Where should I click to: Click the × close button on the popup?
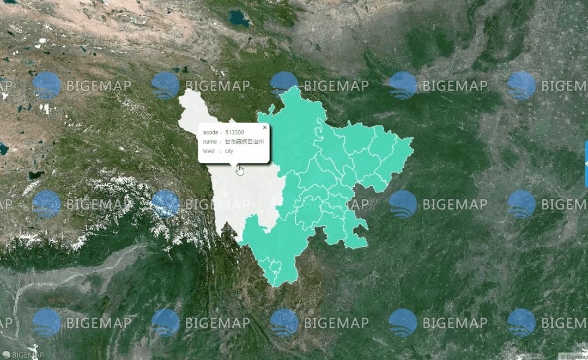click(x=265, y=127)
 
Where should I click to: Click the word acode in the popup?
click(x=211, y=132)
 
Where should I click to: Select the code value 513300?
click(x=235, y=132)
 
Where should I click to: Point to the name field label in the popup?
click(x=210, y=142)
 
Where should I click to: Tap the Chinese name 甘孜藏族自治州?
click(x=245, y=142)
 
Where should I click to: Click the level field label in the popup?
click(x=210, y=151)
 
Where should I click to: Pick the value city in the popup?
click(x=229, y=151)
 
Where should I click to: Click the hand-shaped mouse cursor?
click(x=240, y=170)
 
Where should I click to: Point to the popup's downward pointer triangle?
click(x=234, y=164)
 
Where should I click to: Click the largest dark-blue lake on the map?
click(x=238, y=20)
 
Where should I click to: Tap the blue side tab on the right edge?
click(x=586, y=163)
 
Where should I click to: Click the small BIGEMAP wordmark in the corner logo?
click(x=28, y=355)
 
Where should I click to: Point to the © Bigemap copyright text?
click(x=574, y=357)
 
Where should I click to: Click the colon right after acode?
click(x=221, y=132)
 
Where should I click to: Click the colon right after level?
click(x=221, y=151)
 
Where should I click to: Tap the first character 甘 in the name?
click(x=228, y=142)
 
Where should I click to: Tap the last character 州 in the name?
click(x=262, y=142)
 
